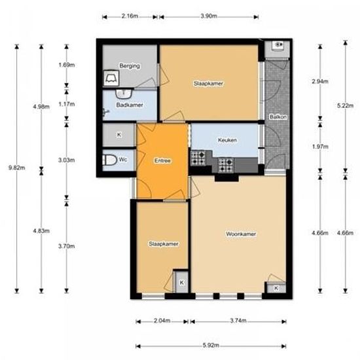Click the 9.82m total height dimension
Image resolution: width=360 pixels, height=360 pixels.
[x=17, y=168]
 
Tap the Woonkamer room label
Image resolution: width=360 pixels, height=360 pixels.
[x=241, y=234]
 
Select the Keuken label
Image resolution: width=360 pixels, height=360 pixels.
[x=227, y=140]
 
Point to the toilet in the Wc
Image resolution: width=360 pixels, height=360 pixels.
[x=109, y=160]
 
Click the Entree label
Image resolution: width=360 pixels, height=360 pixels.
[x=162, y=160]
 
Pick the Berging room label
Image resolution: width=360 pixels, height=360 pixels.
[x=130, y=66]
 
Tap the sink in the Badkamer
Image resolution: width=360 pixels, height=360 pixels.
[x=124, y=93]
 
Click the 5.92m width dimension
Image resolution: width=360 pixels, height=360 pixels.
[x=211, y=345]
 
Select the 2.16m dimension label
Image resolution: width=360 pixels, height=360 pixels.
[x=130, y=16]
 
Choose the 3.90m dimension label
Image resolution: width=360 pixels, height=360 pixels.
[x=209, y=16]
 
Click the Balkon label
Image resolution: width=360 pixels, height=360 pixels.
[x=278, y=117]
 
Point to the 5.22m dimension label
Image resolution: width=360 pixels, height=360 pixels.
[x=345, y=106]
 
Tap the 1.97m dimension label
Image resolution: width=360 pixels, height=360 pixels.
[x=320, y=147]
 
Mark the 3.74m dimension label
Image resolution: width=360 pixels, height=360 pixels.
[x=238, y=321]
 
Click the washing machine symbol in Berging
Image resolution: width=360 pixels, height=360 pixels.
[x=111, y=79]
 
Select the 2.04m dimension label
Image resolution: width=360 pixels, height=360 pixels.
[x=162, y=321]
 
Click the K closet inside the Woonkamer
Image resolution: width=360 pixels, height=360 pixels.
[x=276, y=288]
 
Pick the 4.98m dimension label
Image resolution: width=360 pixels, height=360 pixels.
[x=41, y=107]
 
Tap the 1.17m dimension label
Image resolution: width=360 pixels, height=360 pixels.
[x=67, y=104]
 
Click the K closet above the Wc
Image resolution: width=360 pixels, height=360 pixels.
[x=118, y=135]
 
